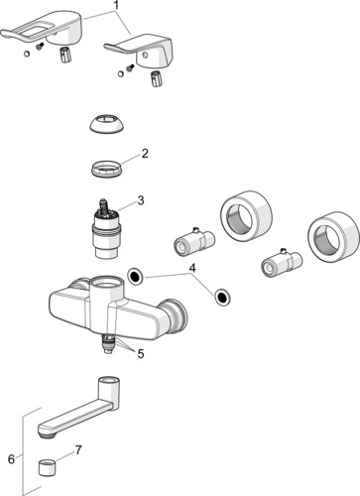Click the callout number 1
tap(116, 6)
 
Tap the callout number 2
tap(144, 153)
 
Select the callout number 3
tap(141, 199)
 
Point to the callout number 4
tap(193, 267)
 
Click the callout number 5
tap(140, 352)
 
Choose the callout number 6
tap(11, 458)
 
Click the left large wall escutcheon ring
tap(242, 214)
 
